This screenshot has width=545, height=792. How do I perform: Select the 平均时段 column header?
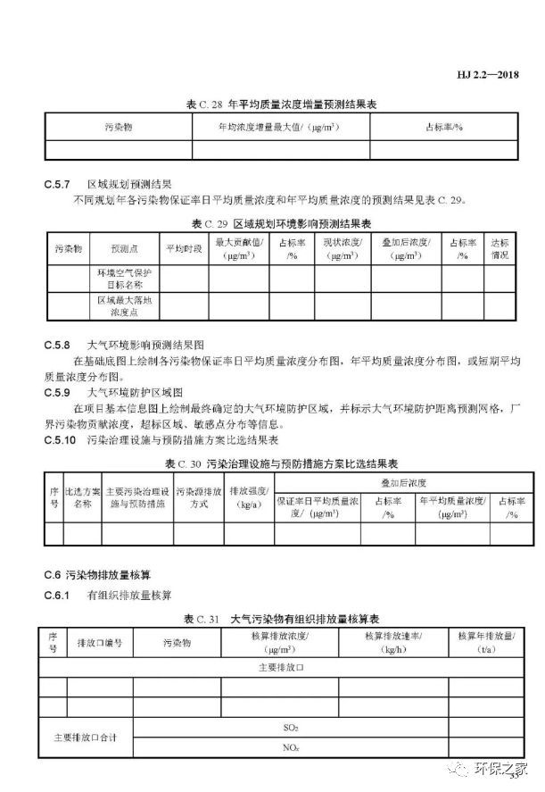(x=184, y=248)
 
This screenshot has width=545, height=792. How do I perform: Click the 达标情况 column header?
(x=500, y=248)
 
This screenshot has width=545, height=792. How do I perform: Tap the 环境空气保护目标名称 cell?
(x=125, y=277)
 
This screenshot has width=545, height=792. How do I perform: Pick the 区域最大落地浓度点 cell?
(x=125, y=306)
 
